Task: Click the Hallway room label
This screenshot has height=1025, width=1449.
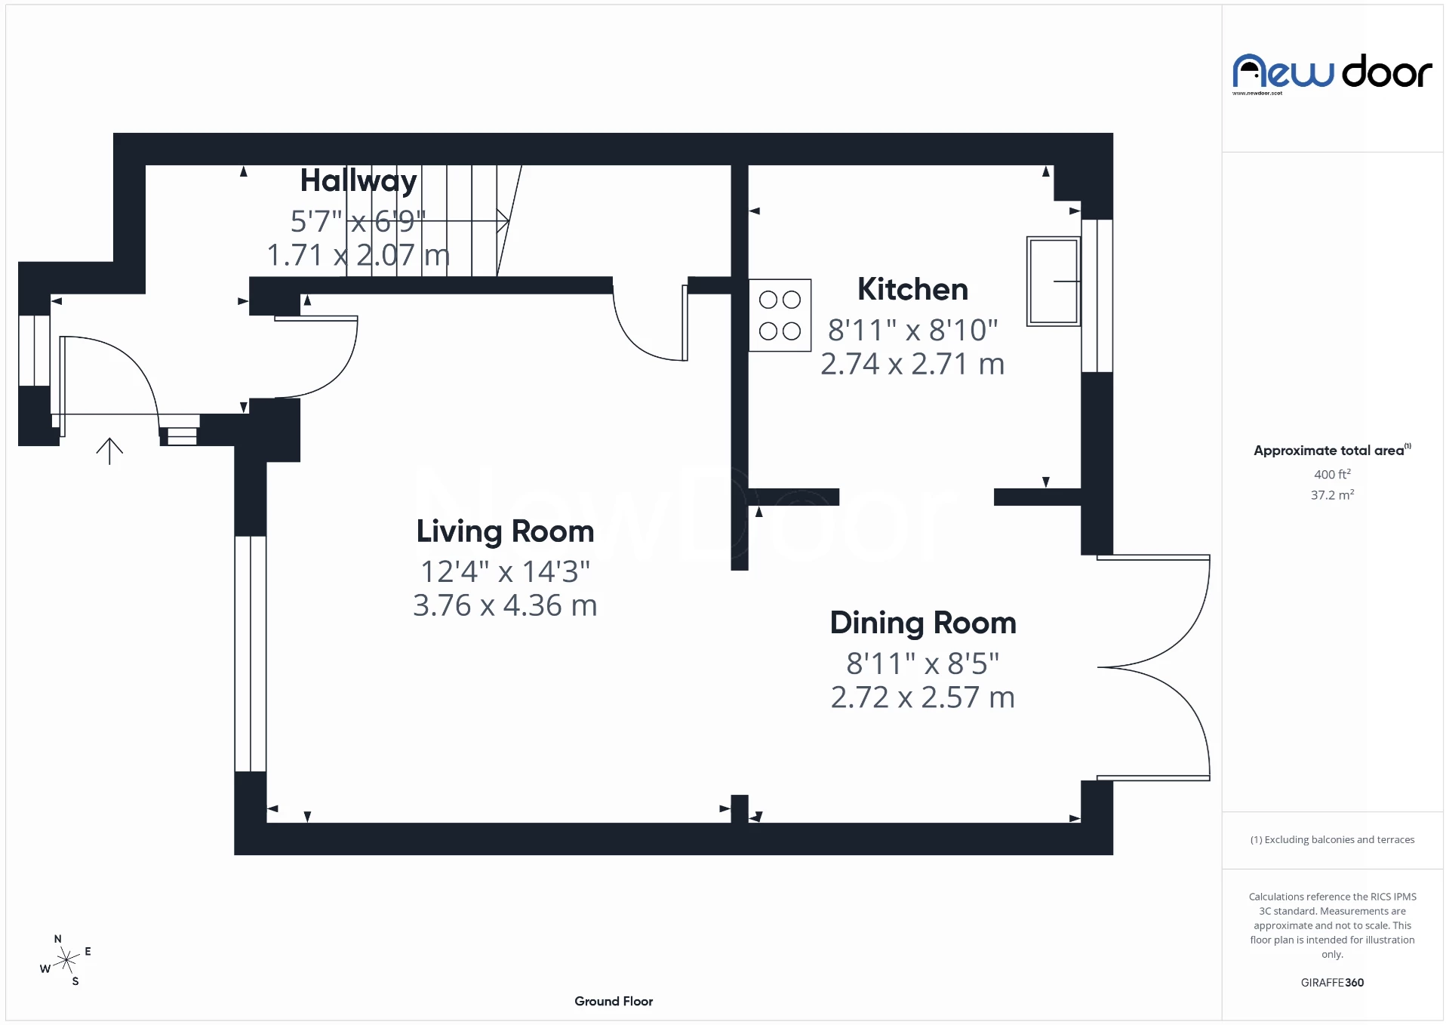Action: coord(358,181)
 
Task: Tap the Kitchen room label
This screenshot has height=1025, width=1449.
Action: coord(912,289)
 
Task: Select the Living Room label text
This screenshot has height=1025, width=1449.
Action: coord(505,531)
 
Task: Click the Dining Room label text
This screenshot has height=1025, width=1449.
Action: coord(922,623)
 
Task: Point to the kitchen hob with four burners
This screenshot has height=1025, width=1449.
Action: coord(780,316)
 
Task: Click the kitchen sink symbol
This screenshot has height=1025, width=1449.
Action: coord(1053,281)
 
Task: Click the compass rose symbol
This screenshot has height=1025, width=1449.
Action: coord(66,960)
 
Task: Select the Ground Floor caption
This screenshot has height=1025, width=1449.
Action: coord(613,1001)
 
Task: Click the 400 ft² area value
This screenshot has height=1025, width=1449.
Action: coord(1332,474)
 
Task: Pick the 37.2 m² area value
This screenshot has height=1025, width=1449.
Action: coord(1332,495)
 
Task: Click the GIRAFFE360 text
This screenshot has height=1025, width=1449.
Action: coord(1332,982)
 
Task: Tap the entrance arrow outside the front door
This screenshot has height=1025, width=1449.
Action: coord(109,451)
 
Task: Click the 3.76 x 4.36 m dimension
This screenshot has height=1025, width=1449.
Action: coord(505,605)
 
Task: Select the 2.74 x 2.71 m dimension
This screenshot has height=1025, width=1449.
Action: coord(912,364)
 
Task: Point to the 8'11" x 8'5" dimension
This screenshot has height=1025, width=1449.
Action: coord(922,663)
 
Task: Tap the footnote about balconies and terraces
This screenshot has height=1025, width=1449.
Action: coord(1332,839)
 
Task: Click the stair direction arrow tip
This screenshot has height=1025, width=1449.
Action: coord(506,220)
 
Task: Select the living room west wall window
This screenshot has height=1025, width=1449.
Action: coord(250,654)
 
